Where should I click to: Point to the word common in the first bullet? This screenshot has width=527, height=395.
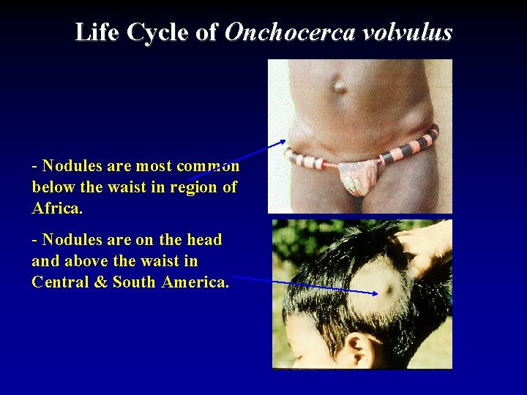click(208, 165)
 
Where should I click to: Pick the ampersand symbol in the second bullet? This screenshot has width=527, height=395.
click(101, 282)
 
